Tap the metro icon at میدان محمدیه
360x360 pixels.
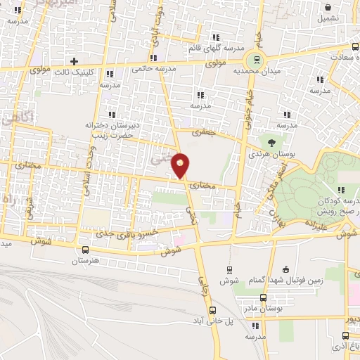[x=257, y=60]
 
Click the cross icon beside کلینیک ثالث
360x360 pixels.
[x=75, y=61]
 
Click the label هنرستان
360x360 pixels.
[x=86, y=262]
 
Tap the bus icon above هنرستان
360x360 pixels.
[x=86, y=250]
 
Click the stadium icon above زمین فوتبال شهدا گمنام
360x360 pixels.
[x=285, y=269]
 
